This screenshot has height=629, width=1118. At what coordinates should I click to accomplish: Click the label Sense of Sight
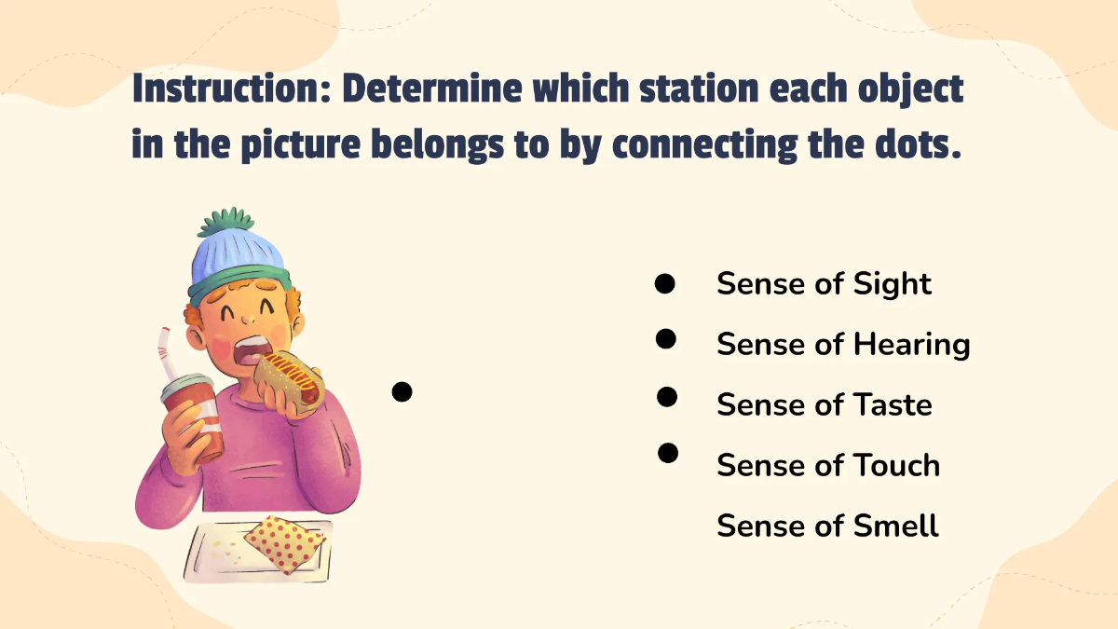coord(824,284)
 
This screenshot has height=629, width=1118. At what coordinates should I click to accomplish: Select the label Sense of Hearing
coord(843,345)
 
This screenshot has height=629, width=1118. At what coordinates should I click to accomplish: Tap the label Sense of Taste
coord(824,405)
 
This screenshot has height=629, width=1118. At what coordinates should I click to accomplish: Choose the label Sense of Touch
coord(828,466)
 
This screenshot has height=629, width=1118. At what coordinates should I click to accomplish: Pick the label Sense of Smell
coord(827,526)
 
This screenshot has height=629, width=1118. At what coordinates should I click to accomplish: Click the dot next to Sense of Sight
coord(664,284)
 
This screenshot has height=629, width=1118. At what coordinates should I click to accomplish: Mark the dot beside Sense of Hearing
coord(665,339)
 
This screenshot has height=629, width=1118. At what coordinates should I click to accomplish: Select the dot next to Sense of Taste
coord(666,398)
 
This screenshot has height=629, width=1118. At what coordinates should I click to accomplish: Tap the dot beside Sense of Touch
coord(667,454)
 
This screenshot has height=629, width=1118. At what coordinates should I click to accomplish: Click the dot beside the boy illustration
coord(402,392)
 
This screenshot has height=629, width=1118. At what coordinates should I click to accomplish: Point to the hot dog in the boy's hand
coord(291,376)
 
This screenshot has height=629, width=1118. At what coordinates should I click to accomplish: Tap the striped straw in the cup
coord(168,354)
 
